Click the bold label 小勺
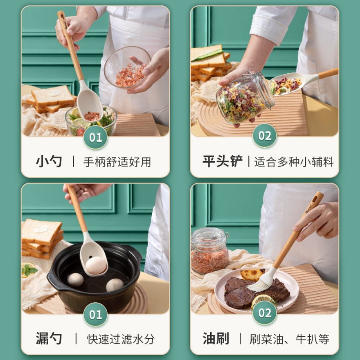49,161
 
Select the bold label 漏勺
49,339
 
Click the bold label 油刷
216,339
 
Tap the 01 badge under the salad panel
95,137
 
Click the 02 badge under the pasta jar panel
265,136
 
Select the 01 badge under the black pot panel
95,315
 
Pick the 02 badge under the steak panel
265,313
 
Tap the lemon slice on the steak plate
262,299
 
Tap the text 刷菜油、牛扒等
289,339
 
